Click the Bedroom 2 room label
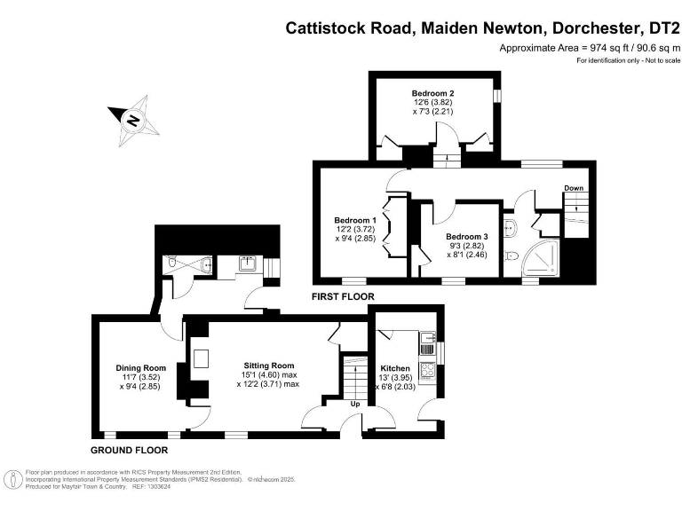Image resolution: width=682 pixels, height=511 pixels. (x=433, y=93)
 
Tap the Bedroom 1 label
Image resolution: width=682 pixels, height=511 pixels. (x=355, y=220)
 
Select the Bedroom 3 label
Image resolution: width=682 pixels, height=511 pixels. (x=467, y=237)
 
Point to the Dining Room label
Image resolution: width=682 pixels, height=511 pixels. (x=141, y=368)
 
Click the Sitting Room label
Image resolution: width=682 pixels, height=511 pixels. (x=269, y=366)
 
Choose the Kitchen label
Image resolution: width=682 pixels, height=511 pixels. (x=395, y=368)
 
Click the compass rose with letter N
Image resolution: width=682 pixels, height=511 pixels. (x=133, y=120)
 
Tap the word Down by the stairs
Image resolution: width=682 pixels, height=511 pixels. (x=574, y=188)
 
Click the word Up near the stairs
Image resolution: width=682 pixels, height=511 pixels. (x=356, y=404)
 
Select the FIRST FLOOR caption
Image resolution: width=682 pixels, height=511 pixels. (x=343, y=296)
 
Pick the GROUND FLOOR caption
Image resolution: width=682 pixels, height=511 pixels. (x=130, y=450)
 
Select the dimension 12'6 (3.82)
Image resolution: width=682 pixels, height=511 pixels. (x=433, y=102)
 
